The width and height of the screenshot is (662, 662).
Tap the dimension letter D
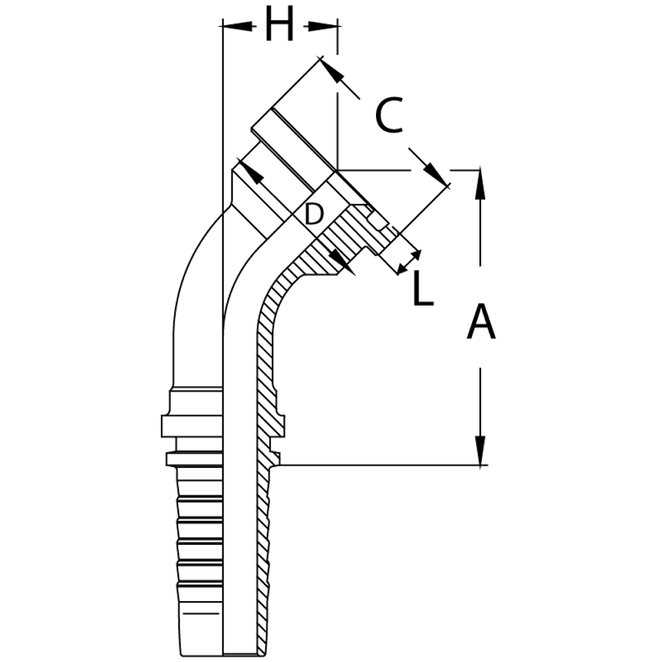click(x=314, y=213)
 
